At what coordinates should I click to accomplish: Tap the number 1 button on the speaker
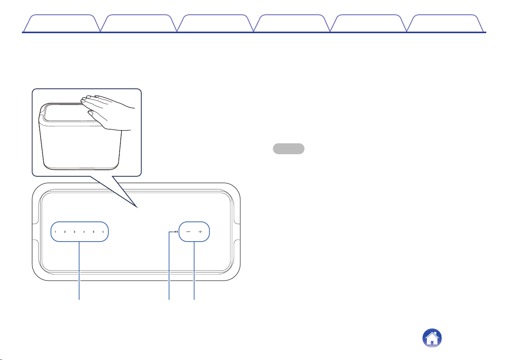click(55, 232)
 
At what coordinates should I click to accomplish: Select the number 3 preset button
click(74, 232)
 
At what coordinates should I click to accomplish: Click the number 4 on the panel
click(84, 232)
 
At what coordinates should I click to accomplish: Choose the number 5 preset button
click(93, 232)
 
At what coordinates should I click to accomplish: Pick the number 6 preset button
click(103, 232)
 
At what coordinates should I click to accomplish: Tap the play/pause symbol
click(176, 232)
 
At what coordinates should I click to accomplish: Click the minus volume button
click(188, 232)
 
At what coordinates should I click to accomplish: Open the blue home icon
click(432, 338)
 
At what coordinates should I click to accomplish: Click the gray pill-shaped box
click(289, 149)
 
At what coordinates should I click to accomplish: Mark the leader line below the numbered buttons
click(79, 270)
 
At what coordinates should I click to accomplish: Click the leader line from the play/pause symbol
click(169, 266)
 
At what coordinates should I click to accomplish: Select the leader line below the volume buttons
click(194, 270)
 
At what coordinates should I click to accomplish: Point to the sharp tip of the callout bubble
click(137, 208)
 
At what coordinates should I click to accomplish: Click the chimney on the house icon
click(437, 334)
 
